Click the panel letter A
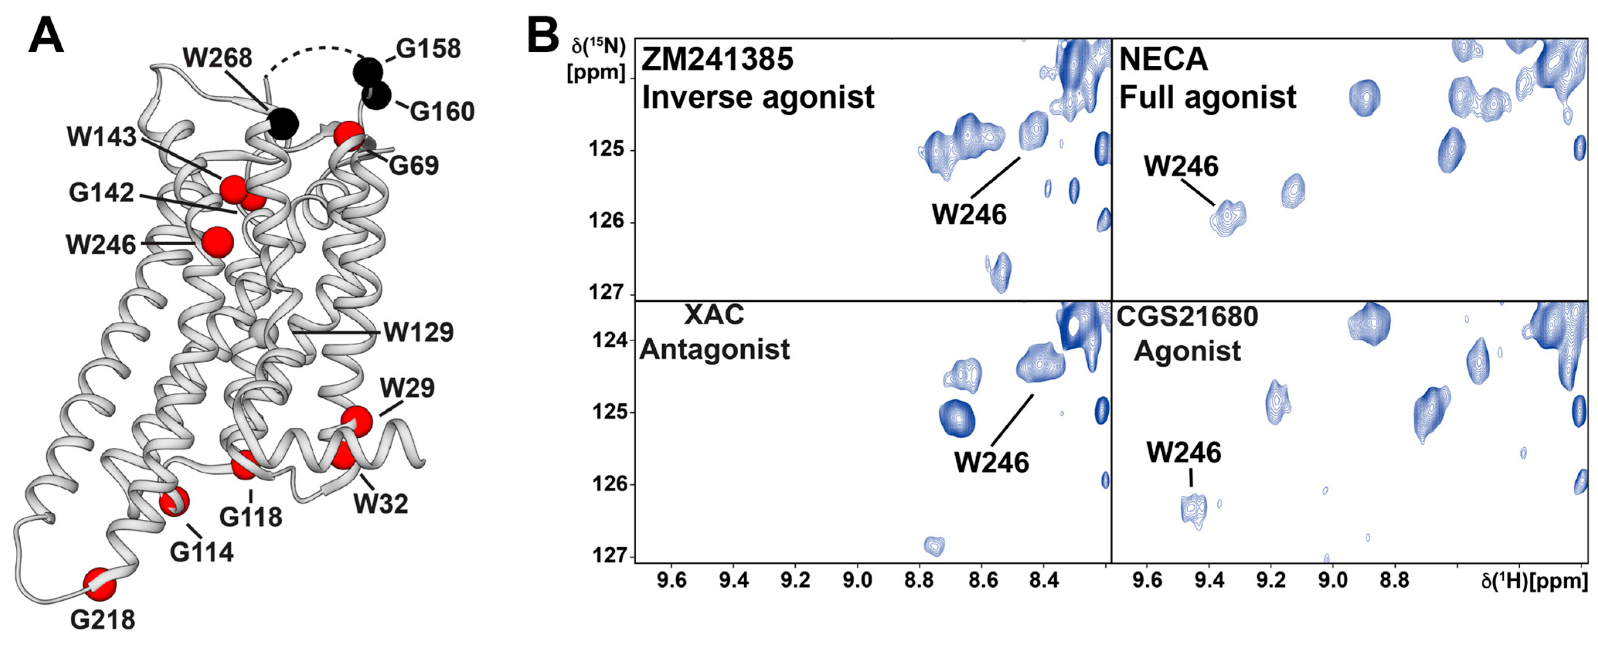46,36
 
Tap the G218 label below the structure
102,619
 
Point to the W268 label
217,58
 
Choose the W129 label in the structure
419,333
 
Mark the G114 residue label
202,552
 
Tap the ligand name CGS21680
1187,317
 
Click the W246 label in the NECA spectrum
1181,166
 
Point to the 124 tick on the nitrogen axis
606,340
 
